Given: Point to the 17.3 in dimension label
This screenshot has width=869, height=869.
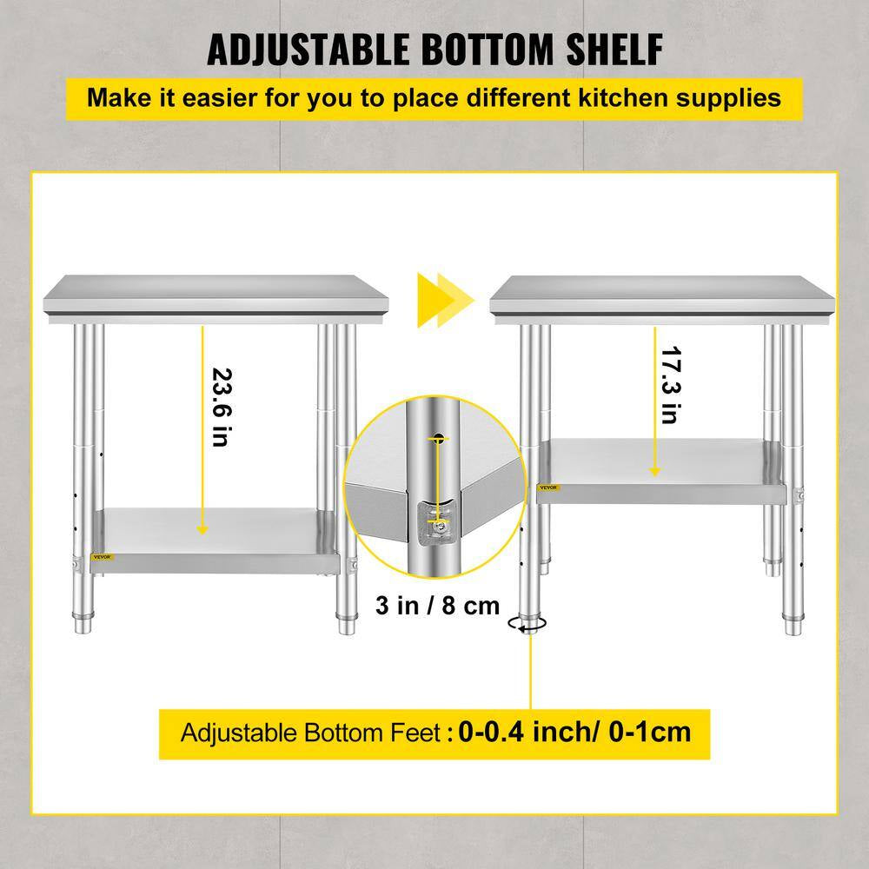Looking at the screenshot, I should point(668,385).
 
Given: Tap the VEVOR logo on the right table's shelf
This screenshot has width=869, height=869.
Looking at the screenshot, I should point(548,488).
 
